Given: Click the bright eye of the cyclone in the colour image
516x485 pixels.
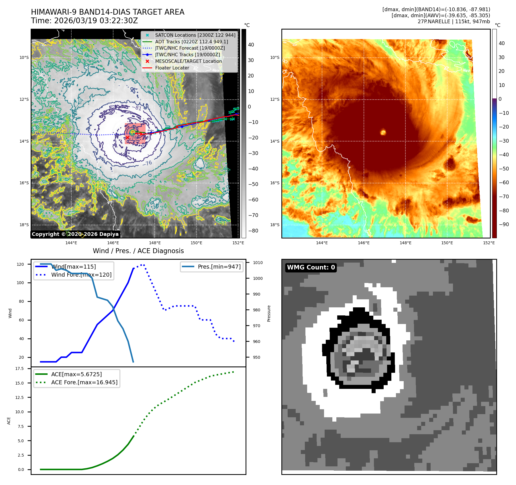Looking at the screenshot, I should point(383,132).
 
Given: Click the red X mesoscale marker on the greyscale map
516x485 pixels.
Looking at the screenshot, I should point(127,138).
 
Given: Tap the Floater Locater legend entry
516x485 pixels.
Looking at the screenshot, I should point(172,68).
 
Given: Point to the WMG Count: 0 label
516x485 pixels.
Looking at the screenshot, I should point(311,267).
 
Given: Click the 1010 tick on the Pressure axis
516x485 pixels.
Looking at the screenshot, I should point(258,263).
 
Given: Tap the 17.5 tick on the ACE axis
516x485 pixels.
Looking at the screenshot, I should point(19,368).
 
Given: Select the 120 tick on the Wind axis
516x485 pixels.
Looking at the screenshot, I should point(20,264).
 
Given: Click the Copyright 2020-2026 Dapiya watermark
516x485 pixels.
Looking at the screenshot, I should point(75,234).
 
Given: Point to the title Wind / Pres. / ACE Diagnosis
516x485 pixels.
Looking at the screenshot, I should point(138,251).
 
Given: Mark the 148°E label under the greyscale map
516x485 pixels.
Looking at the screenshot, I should point(155,243).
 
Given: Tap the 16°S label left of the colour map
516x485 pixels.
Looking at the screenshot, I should point(274,183).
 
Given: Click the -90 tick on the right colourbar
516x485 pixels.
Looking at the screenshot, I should point(504,224).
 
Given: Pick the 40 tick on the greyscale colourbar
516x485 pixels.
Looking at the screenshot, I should point(251,44).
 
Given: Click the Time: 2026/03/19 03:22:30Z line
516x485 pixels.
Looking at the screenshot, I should point(85,21).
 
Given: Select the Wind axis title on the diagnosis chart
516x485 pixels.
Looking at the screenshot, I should point(10,313).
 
